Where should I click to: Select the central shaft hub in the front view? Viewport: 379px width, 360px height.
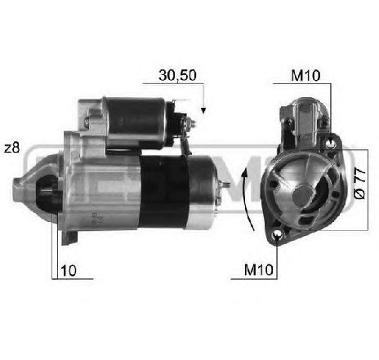[301, 193]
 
